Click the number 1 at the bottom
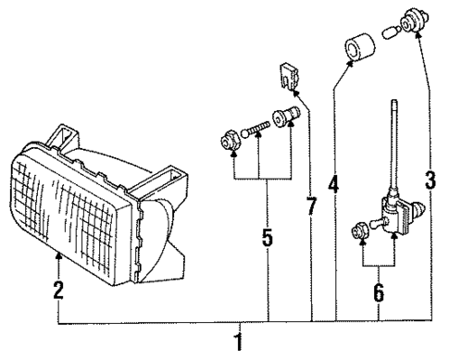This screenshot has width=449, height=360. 240,342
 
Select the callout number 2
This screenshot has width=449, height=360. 57,290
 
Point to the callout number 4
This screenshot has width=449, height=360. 333,184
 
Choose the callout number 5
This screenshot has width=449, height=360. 267,238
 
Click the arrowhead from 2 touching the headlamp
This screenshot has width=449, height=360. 58,251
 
